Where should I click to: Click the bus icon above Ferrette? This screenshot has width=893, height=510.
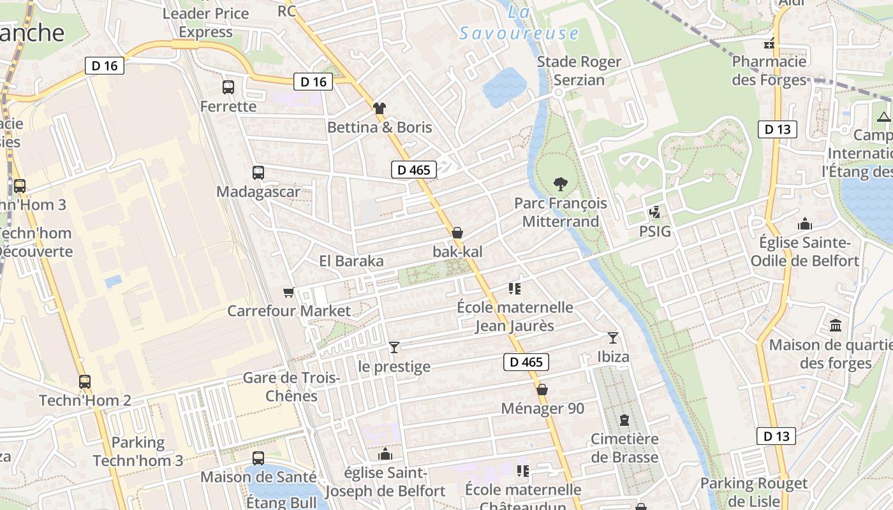[228, 87]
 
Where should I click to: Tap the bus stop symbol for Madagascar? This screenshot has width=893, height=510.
[258, 172]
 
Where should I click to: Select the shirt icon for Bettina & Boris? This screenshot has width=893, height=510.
[380, 108]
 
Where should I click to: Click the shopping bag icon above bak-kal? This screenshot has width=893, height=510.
[457, 233]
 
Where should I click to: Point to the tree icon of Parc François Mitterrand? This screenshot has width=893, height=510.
[561, 184]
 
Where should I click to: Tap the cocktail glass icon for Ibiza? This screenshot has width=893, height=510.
[613, 337]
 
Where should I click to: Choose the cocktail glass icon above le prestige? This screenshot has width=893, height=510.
[394, 347]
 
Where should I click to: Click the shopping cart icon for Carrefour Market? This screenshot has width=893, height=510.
[289, 292]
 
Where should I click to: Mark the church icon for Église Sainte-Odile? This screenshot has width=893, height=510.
[805, 224]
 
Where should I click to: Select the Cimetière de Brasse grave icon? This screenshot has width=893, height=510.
[624, 420]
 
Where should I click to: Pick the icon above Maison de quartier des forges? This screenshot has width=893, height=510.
[836, 326]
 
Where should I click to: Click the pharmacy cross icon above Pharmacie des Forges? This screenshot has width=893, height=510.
[770, 43]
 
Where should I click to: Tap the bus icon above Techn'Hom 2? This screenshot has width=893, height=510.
[85, 382]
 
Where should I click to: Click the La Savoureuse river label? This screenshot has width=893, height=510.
[519, 24]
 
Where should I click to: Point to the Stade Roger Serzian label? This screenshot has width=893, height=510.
[579, 71]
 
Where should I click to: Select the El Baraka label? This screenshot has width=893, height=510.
[351, 261]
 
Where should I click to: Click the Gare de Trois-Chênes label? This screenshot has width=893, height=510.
[292, 386]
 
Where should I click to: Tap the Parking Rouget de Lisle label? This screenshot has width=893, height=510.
[753, 492]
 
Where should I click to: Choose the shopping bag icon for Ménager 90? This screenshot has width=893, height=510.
[542, 390]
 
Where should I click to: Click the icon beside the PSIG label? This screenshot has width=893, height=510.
[654, 212]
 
